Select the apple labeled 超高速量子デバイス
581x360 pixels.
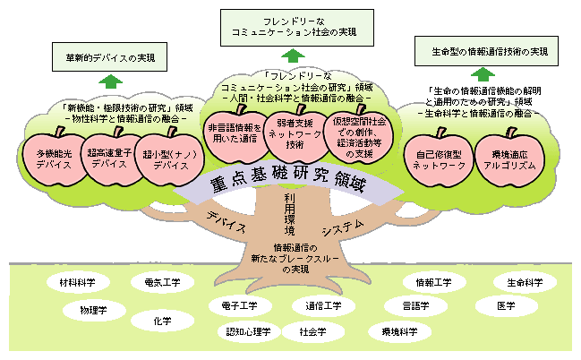(109, 159)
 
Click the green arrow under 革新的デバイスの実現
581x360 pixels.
(109, 81)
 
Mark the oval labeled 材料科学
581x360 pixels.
(77, 282)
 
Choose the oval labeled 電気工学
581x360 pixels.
(162, 282)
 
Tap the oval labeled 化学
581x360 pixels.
(162, 320)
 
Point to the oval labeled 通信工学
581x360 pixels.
(323, 306)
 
